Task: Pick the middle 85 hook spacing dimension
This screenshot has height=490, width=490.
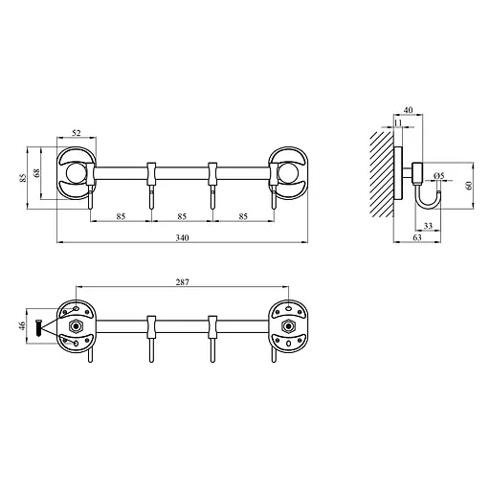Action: click(x=181, y=215)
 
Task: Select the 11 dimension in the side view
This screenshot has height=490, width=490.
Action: click(x=397, y=124)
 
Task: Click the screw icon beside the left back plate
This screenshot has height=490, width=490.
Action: click(x=39, y=327)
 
